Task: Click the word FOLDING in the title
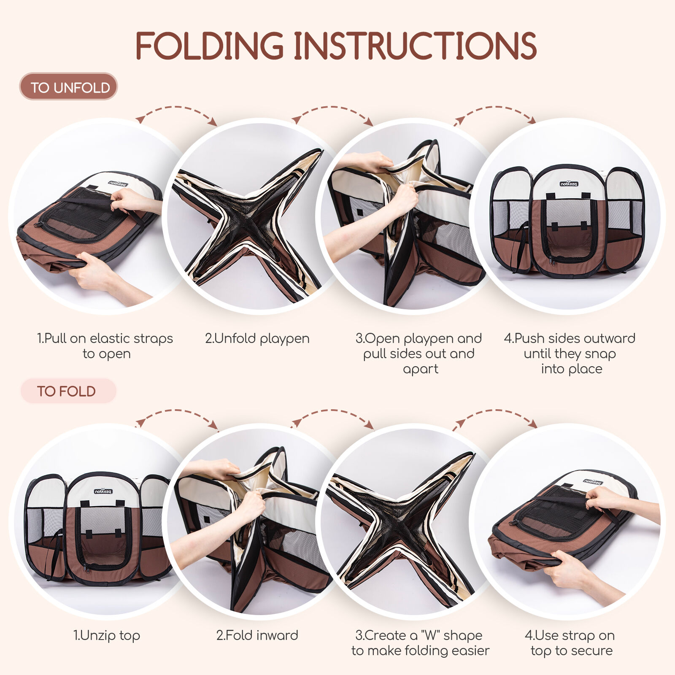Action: (210, 46)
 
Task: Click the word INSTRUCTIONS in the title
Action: (415, 46)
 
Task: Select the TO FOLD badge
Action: (68, 391)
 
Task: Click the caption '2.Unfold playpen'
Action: (257, 338)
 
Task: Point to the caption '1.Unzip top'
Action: (107, 635)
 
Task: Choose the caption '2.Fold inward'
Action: (257, 635)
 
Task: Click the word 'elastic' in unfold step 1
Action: (109, 338)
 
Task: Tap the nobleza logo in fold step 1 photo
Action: (103, 491)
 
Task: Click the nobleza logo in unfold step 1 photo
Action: (118, 183)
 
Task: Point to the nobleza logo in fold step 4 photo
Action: (593, 481)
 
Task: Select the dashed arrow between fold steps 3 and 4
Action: (494, 412)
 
